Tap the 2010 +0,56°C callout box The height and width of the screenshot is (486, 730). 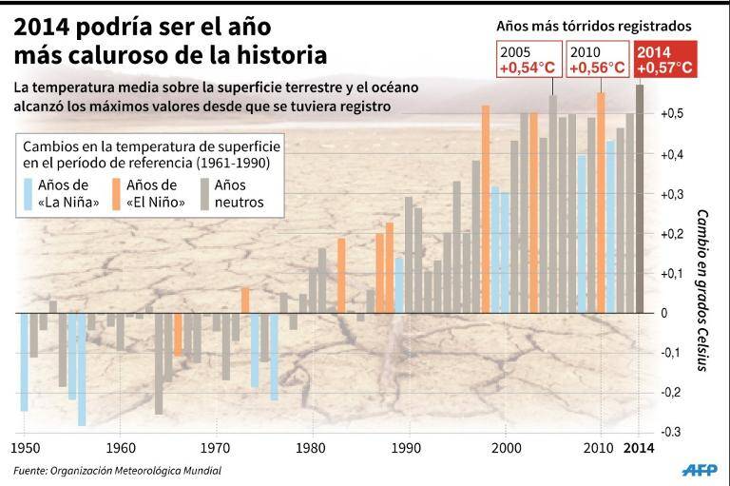point(597,60)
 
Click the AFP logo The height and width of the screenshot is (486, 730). point(701,471)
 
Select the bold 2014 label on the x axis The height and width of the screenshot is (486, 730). point(639,447)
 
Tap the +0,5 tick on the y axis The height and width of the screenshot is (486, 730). point(673,114)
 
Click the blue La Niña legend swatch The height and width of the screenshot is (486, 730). point(27,194)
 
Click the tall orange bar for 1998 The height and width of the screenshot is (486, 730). point(486,209)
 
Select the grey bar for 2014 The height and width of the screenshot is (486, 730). point(640,200)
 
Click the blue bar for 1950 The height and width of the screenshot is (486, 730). point(24,361)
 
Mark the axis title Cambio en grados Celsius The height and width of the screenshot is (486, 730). point(701,289)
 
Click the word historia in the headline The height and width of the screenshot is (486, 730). point(281,53)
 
